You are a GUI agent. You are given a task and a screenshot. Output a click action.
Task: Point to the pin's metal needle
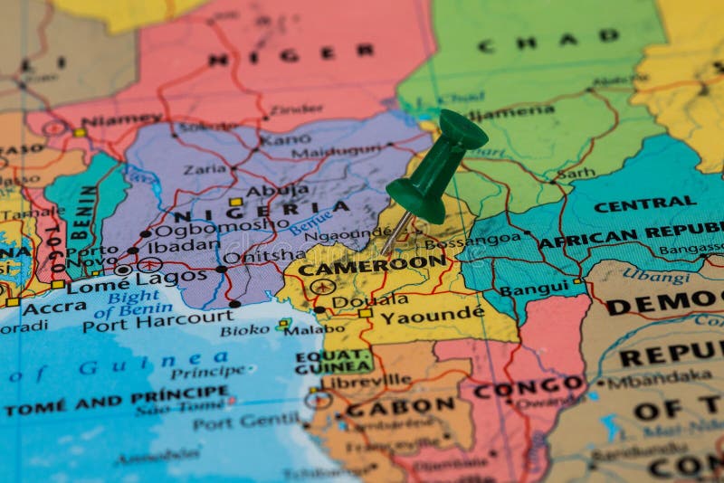coord(396,234)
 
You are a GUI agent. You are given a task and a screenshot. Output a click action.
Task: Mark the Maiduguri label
coord(337,149)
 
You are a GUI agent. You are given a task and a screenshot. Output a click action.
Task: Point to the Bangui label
coord(534,289)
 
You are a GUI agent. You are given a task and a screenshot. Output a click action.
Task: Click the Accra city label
coord(54,308)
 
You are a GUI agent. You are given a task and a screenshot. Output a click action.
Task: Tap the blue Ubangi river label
coord(656,274)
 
